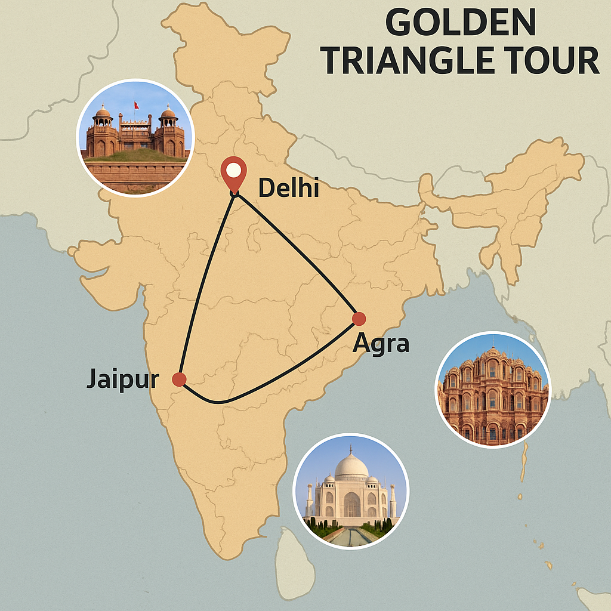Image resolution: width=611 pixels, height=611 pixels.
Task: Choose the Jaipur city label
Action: pyautogui.click(x=123, y=379)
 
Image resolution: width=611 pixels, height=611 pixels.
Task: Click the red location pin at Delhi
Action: pyautogui.click(x=234, y=171)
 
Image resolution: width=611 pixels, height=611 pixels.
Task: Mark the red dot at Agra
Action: pyautogui.click(x=359, y=319)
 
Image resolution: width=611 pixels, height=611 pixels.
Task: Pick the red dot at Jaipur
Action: pyautogui.click(x=178, y=379)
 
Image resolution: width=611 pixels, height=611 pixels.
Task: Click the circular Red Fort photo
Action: pyautogui.click(x=135, y=137)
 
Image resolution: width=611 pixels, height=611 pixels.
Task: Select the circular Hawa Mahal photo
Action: pyautogui.click(x=493, y=390)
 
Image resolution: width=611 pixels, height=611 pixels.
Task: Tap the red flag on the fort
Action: pyautogui.click(x=137, y=106)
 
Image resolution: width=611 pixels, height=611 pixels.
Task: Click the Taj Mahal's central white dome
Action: pyautogui.click(x=351, y=467)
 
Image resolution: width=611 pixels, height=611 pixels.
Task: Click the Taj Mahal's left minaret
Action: pyautogui.click(x=310, y=500)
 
